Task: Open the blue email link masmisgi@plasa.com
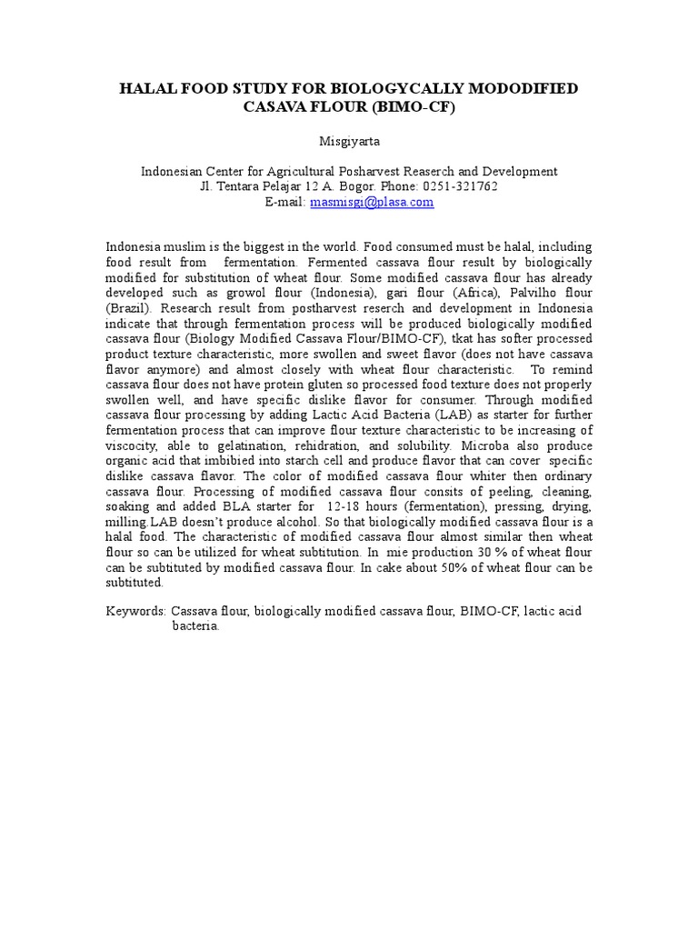coord(371,202)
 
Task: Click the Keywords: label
coord(136,612)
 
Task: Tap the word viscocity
coord(134,447)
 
